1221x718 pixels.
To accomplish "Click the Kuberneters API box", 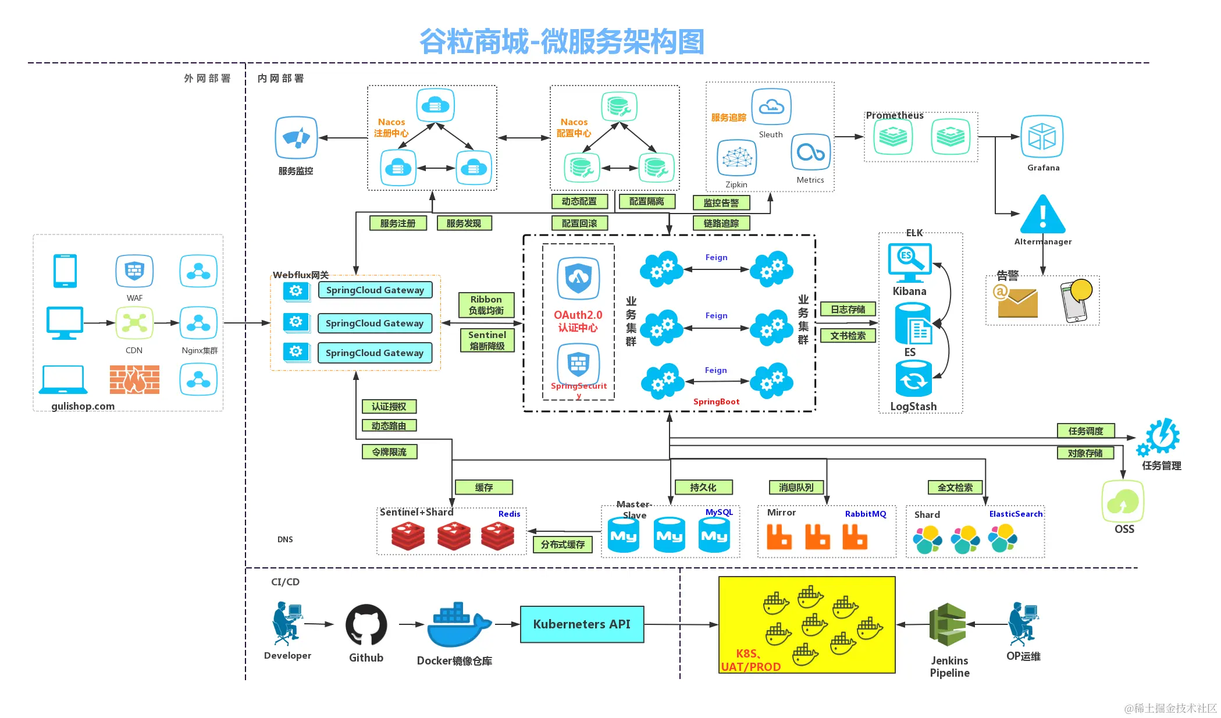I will [582, 624].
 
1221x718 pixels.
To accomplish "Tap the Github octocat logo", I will [366, 625].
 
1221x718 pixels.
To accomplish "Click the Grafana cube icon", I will [1042, 137].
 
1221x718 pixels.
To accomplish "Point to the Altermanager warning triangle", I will [1043, 215].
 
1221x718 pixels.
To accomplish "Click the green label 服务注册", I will [398, 223].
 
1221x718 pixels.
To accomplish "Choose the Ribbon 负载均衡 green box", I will [486, 305].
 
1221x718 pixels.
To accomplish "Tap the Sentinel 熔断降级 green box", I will [487, 340].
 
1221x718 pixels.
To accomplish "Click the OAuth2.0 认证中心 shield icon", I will [578, 278].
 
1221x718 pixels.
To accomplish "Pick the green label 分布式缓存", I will [563, 545].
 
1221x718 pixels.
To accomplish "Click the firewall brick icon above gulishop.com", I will [134, 380].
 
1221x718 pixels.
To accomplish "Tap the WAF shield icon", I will [134, 271].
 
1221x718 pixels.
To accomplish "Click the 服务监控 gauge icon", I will [296, 138].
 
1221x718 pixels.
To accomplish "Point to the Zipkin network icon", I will [736, 158].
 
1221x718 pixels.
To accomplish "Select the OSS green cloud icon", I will [1123, 501].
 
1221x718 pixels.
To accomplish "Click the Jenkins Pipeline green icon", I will [948, 624].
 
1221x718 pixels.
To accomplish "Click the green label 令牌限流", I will [389, 452].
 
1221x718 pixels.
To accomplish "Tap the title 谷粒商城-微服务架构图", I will [561, 42].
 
